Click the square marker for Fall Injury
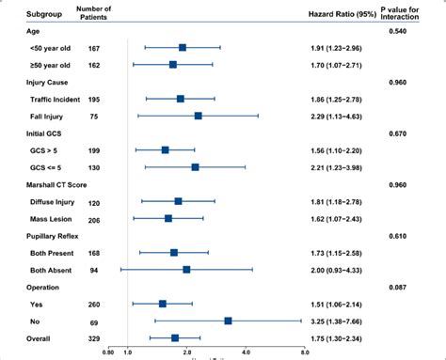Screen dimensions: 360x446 pyautogui.click(x=198, y=116)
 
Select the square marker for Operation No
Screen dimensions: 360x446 pyautogui.click(x=228, y=321)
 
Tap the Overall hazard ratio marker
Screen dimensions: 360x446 pyautogui.click(x=175, y=337)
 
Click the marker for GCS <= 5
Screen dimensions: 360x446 pyautogui.click(x=195, y=166)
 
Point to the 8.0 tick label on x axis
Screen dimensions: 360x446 pyautogui.click(x=306, y=352)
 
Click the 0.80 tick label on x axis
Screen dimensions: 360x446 pyautogui.click(x=109, y=352)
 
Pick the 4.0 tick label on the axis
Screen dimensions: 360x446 pyautogui.click(x=246, y=352)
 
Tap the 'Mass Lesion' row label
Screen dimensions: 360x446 pyautogui.click(x=39, y=218)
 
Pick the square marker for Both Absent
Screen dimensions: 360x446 pyautogui.click(x=186, y=270)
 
